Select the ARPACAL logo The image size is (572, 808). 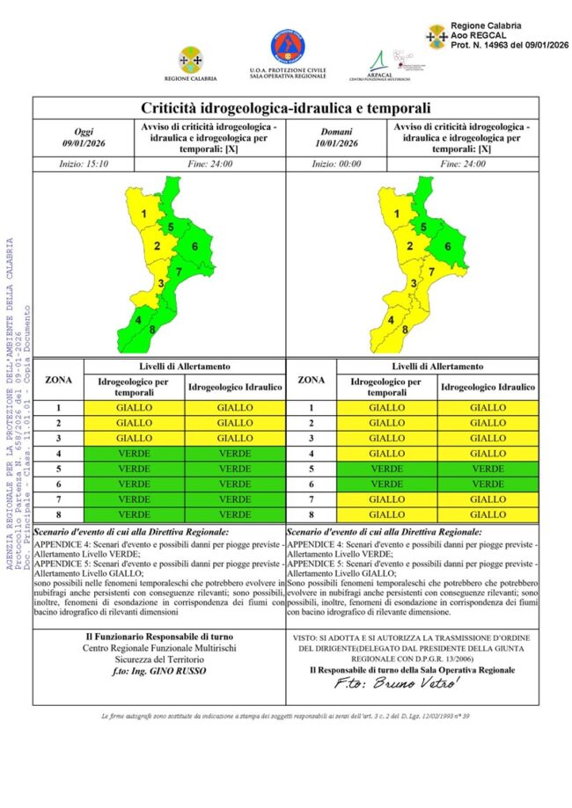[x=380, y=62]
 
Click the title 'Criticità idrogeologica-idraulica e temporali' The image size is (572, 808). [x=286, y=108]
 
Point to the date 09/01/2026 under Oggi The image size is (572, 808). [x=83, y=143]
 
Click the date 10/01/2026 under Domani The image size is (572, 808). [x=336, y=143]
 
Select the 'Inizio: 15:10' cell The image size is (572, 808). [x=83, y=164]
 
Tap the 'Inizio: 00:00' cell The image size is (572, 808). [x=336, y=164]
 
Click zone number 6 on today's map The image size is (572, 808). [x=194, y=245]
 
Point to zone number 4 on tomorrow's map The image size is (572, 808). [x=391, y=320]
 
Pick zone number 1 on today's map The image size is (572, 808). [x=143, y=214]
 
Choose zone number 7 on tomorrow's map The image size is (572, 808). [x=431, y=272]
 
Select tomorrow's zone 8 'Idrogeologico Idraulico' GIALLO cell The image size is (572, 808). [x=488, y=513]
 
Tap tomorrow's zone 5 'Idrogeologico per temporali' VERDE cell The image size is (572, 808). [x=386, y=469]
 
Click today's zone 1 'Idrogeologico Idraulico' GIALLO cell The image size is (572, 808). [x=235, y=408]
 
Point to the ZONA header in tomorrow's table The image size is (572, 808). [x=312, y=380]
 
